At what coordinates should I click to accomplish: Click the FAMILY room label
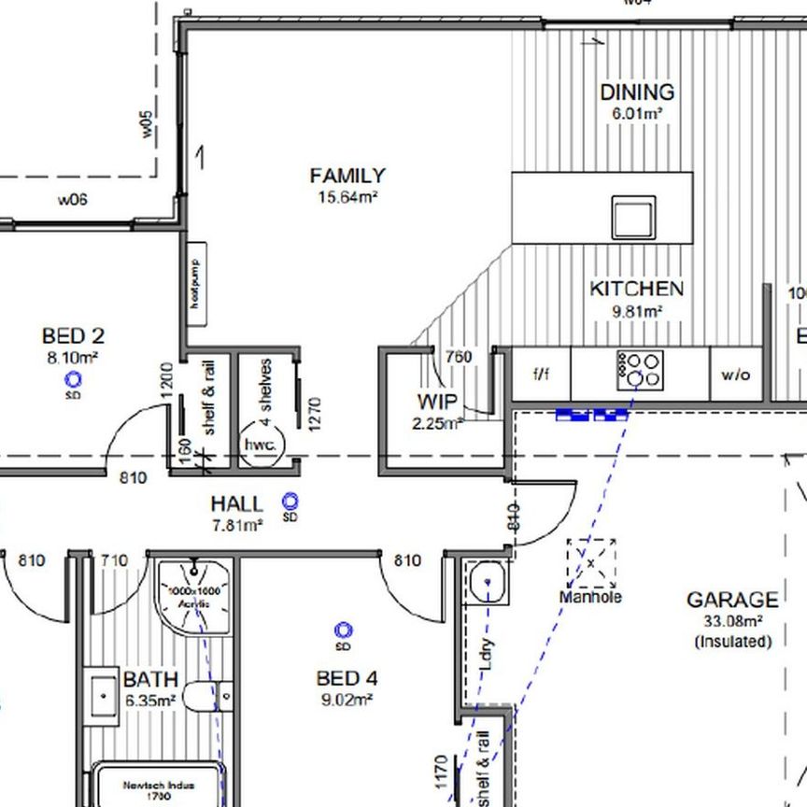pos(347,176)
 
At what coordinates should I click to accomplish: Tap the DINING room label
pos(637,92)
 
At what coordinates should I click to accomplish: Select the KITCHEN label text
pos(636,290)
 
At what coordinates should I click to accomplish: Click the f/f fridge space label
pos(542,375)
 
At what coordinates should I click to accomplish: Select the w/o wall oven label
pos(735,375)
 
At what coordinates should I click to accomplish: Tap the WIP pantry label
pos(437,403)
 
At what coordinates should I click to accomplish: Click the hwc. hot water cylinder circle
pos(261,446)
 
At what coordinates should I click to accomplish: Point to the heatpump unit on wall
pos(196,284)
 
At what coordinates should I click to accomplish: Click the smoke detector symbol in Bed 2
pos(73,379)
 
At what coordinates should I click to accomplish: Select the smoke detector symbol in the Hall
pos(290,502)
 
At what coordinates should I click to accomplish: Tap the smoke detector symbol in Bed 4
pos(343,631)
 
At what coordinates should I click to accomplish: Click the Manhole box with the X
pos(590,562)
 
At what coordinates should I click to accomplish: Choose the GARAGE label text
pos(731,600)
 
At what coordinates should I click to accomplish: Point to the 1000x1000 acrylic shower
pos(194,594)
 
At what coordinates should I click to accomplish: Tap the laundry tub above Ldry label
pos(487,585)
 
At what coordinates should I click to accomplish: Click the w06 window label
pos(72,199)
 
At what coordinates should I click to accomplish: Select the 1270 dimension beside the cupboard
pos(314,413)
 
